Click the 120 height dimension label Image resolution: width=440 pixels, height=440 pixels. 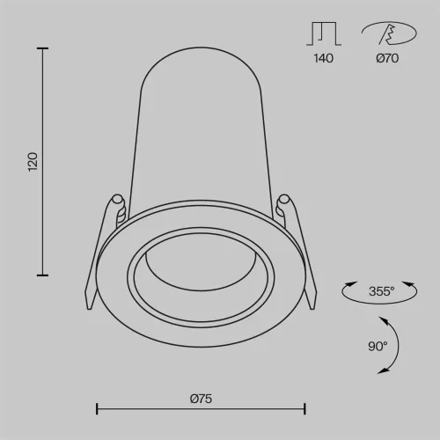(x=33, y=161)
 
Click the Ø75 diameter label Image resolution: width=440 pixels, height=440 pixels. (x=201, y=399)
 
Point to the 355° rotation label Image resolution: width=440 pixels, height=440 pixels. (x=381, y=290)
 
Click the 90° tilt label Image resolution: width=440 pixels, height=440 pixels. (x=378, y=346)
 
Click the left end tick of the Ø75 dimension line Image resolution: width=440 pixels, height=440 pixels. (x=96, y=409)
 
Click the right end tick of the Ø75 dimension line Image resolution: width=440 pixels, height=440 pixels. (x=304, y=409)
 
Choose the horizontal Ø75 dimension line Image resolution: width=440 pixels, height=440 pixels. (x=201, y=409)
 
